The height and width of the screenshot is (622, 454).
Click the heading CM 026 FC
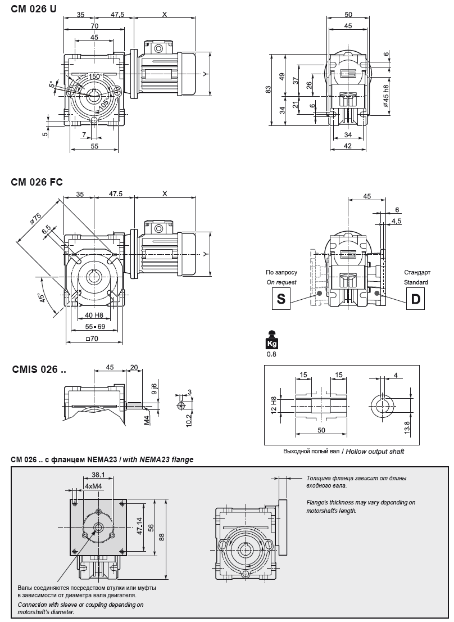pos(37,182)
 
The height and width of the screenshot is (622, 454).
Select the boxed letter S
pos(281,299)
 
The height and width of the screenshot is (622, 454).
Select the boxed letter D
pos(415,299)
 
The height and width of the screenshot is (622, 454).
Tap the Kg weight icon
pos(271,340)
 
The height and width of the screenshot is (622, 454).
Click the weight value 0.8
pos(271,354)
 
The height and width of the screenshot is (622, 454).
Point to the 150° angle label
pos(94,76)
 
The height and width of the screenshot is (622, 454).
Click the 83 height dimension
pos(269,89)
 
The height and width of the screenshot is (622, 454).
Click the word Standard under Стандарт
pos(416,282)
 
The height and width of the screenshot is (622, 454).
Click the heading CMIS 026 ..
pos(39,369)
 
